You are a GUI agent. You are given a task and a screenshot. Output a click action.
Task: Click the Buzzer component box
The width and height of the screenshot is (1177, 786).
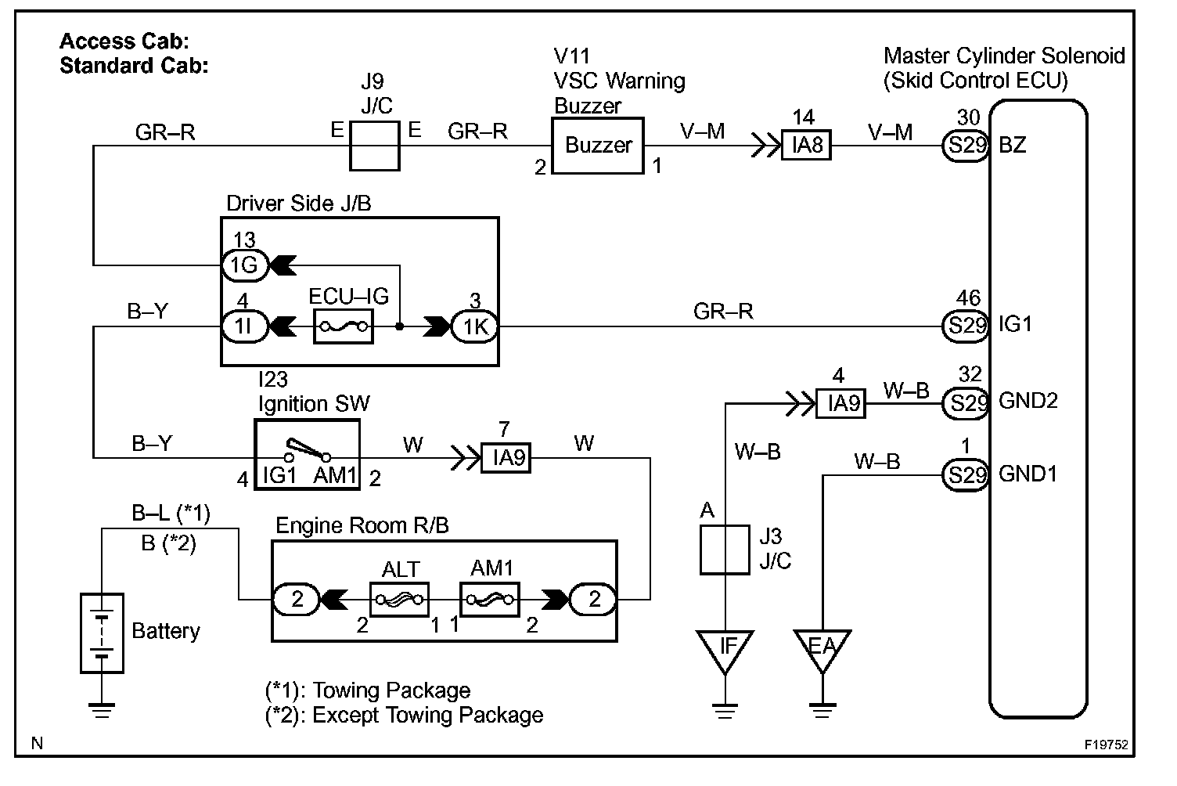[599, 146]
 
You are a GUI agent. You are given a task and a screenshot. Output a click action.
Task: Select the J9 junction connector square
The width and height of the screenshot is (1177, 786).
[374, 146]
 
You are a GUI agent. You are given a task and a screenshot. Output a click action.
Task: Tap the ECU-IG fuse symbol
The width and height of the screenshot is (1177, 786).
[344, 326]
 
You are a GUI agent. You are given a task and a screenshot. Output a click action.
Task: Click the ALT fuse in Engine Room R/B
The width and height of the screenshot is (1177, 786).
[399, 600]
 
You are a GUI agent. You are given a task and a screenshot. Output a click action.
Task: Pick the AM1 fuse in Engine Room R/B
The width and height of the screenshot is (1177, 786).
[490, 600]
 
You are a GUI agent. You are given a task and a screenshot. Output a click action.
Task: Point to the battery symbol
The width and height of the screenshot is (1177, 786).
[102, 633]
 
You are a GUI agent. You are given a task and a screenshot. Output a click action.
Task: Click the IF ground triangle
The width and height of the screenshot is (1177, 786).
[728, 648]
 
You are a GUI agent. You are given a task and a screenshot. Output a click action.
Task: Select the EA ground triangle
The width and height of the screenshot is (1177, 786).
[822, 648]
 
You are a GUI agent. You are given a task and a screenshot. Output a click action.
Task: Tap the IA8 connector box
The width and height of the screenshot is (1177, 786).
[807, 146]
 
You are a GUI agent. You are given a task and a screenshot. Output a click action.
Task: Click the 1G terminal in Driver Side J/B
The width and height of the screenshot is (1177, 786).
[245, 265]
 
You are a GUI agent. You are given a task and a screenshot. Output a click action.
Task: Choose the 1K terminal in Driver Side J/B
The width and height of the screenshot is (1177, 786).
[475, 326]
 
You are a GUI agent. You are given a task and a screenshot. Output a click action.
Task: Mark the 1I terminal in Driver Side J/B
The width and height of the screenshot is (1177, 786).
[245, 326]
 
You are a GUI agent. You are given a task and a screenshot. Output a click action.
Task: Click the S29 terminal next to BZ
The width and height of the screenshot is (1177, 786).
[967, 146]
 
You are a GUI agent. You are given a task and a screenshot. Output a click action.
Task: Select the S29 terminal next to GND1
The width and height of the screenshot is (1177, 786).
[967, 474]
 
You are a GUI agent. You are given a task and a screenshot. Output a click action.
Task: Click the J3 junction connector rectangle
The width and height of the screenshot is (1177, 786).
[724, 550]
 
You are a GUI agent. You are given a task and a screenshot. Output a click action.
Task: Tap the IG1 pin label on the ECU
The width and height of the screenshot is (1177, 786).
[1015, 324]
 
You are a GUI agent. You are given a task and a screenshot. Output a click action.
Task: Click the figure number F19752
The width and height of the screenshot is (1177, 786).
[1106, 745]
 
